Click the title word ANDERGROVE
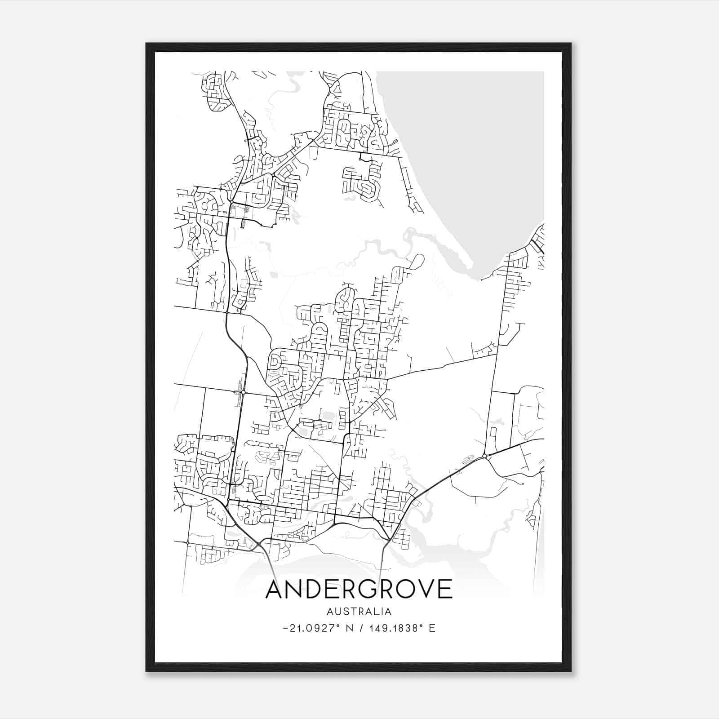359,589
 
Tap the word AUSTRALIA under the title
359,612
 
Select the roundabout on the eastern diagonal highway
484,457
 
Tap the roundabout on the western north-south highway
243,392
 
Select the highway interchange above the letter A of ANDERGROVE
260,544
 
